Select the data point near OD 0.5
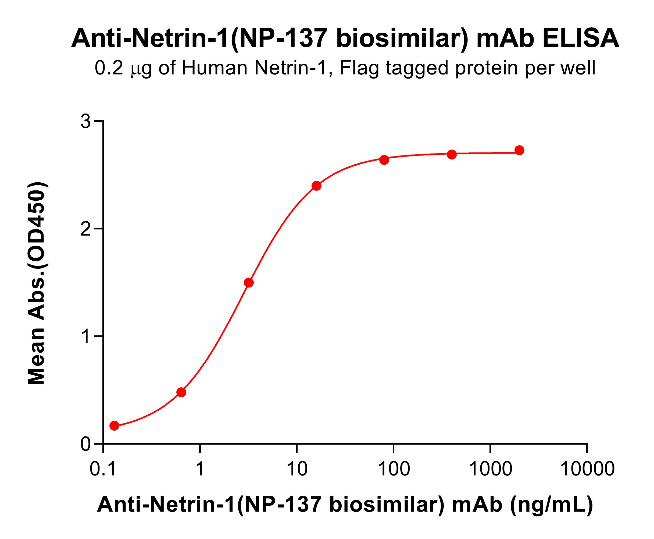pyautogui.click(x=181, y=392)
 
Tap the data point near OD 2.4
pyautogui.click(x=316, y=186)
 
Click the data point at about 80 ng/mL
pyautogui.click(x=384, y=160)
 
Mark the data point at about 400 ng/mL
pyautogui.click(x=452, y=154)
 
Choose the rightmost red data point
pyautogui.click(x=519, y=150)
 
